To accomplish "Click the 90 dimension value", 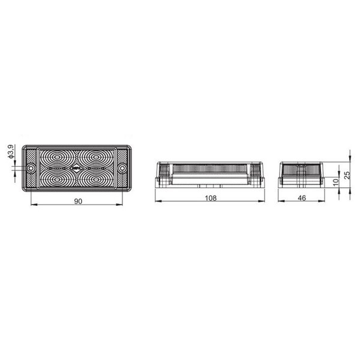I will (x=78, y=201).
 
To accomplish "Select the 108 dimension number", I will (x=209, y=197).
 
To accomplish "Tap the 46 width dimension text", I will (x=301, y=197).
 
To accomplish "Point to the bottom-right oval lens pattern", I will (x=95, y=179).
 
